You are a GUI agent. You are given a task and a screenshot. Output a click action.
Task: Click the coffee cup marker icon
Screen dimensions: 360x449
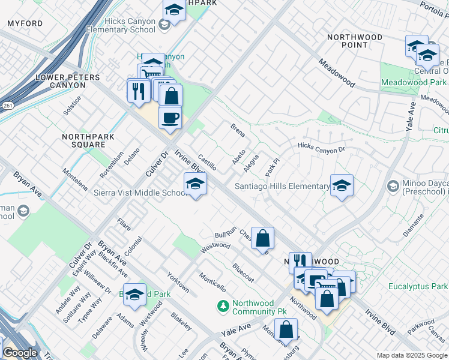pos(170,116)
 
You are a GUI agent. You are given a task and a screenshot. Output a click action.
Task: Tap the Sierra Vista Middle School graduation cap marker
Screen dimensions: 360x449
pos(195,184)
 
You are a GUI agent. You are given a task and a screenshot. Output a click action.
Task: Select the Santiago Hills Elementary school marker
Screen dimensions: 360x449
pos(342,185)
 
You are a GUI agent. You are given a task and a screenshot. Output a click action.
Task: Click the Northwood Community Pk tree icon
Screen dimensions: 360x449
pos(223,307)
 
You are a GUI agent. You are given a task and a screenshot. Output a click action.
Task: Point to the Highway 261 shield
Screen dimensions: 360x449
pos(7,106)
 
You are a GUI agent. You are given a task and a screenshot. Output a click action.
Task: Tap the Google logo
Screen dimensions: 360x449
pos(20,353)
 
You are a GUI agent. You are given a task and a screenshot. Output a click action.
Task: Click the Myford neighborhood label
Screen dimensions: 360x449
pos(25,23)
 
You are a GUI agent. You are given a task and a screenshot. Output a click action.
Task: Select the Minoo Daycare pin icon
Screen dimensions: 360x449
pos(393,185)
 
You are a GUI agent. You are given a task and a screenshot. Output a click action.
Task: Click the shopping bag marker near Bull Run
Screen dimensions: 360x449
pos(262,238)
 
